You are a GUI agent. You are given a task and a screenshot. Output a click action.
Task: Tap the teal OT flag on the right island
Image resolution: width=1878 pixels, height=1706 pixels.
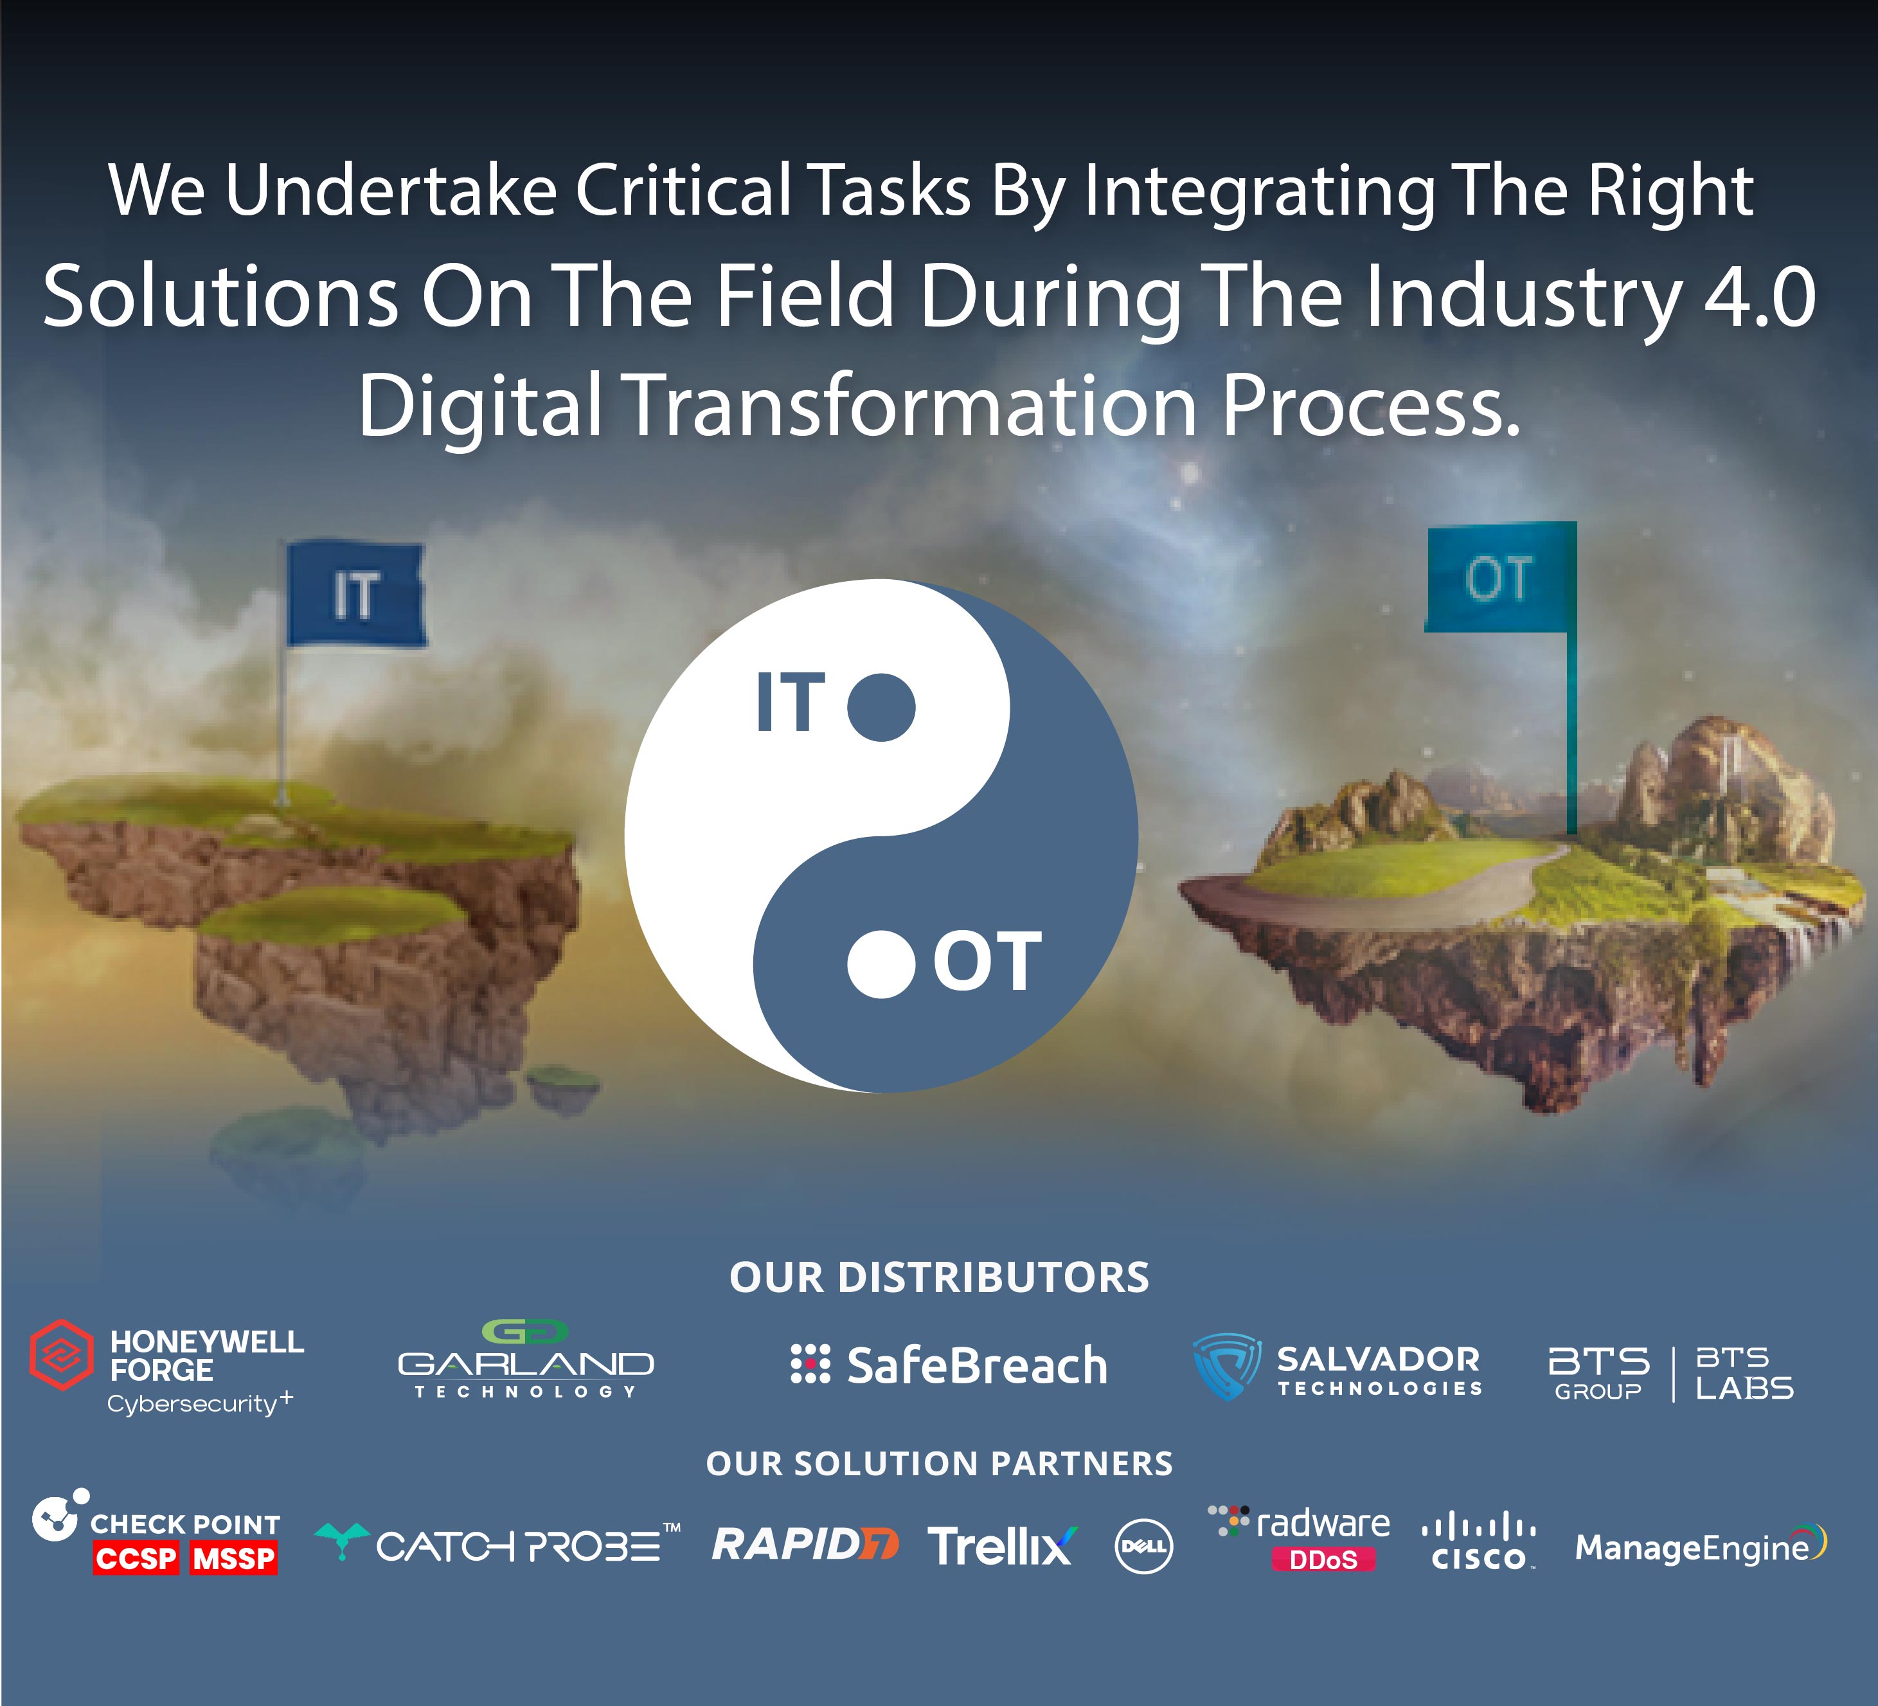(x=1500, y=578)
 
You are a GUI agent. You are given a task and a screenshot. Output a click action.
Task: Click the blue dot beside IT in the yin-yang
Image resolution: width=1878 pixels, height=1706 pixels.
(x=881, y=706)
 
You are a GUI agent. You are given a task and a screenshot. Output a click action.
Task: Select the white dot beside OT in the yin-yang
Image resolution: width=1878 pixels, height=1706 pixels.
(x=881, y=964)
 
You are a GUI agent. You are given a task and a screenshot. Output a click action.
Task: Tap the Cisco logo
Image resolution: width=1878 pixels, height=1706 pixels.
(x=1480, y=1543)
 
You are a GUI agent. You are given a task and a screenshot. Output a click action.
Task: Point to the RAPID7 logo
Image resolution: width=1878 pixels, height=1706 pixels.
(x=805, y=1545)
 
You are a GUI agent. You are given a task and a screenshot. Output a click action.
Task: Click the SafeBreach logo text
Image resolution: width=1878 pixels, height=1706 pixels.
(x=977, y=1366)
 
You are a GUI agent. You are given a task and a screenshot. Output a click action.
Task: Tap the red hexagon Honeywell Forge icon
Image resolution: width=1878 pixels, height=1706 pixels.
(x=62, y=1355)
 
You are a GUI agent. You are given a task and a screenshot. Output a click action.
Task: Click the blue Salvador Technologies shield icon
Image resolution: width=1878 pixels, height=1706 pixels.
(x=1227, y=1366)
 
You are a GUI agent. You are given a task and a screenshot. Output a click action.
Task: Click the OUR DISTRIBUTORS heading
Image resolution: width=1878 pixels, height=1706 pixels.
(x=939, y=1277)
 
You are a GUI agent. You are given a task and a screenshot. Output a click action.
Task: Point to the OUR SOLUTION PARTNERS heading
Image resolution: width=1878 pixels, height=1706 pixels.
(x=939, y=1464)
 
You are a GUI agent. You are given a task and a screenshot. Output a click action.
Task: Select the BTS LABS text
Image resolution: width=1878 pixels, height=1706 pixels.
(x=1744, y=1374)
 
